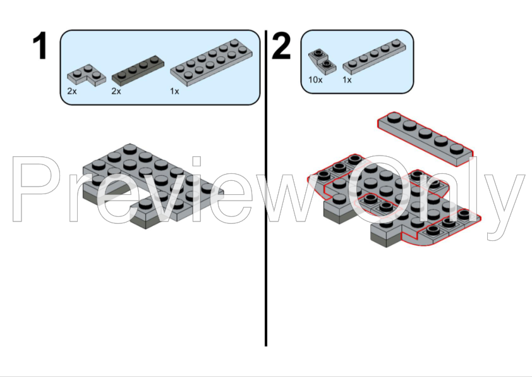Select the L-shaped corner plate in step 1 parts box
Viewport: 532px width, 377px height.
pyautogui.click(x=87, y=75)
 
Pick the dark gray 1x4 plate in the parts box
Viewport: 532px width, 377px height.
pyautogui.click(x=138, y=70)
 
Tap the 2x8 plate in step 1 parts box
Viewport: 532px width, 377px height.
pyautogui.click(x=212, y=63)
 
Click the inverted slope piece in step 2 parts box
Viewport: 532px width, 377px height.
pyautogui.click(x=322, y=62)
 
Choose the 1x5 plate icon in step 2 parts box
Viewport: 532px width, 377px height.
pyautogui.click(x=374, y=57)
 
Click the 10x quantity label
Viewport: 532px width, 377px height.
pyautogui.click(x=315, y=80)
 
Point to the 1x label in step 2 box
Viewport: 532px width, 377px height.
pyautogui.click(x=347, y=80)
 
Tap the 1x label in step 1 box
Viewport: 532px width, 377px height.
pyautogui.click(x=174, y=91)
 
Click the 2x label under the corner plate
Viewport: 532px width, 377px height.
pyautogui.click(x=72, y=91)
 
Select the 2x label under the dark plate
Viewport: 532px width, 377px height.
pyautogui.click(x=116, y=91)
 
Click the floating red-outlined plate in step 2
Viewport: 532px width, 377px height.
pyautogui.click(x=425, y=139)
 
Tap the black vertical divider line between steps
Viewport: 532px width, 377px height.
pyautogui.click(x=266, y=188)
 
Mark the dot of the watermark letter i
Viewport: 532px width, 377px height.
pyautogui.click(x=196, y=161)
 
